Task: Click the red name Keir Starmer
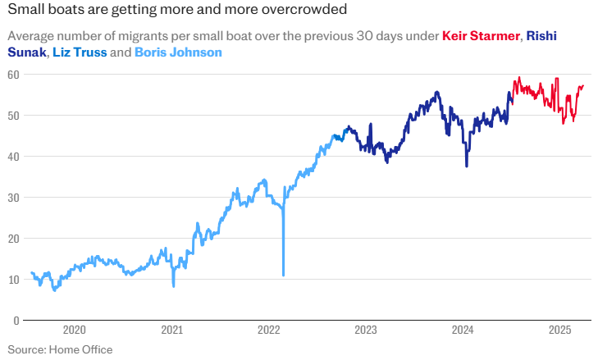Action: click(480, 37)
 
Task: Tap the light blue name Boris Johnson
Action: click(178, 52)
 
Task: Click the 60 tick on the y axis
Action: click(14, 75)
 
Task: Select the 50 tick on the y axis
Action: click(14, 116)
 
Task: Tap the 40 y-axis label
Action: click(14, 157)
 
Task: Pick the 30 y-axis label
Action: click(14, 198)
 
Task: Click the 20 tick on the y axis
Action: click(14, 239)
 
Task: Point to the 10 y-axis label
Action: click(14, 280)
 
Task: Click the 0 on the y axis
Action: click(16, 321)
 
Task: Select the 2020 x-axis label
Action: click(75, 330)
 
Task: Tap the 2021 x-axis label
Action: click(171, 330)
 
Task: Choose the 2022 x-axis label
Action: click(268, 330)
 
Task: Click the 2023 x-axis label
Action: click(366, 330)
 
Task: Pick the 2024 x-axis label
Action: click(463, 330)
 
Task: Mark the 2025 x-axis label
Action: click(559, 330)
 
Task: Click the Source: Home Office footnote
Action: click(60, 349)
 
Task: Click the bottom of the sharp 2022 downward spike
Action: click(283, 275)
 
